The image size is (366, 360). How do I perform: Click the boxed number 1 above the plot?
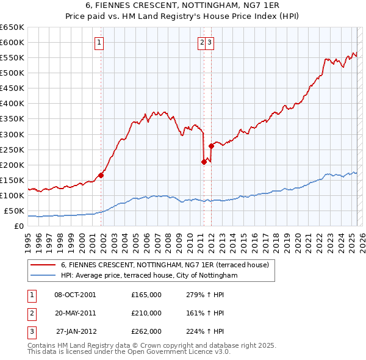(x=99, y=43)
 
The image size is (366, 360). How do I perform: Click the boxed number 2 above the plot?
(x=202, y=43)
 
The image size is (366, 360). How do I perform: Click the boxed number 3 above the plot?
(x=209, y=43)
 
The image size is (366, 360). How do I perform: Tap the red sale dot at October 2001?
(x=101, y=175)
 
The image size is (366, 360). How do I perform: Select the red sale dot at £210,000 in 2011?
(x=204, y=162)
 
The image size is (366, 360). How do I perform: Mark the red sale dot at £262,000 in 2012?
(x=211, y=145)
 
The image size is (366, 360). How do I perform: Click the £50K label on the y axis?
(x=14, y=211)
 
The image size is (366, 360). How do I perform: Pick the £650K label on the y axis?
(x=12, y=27)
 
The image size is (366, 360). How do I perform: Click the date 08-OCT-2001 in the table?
(x=75, y=295)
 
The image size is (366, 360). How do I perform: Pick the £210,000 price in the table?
(x=146, y=313)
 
